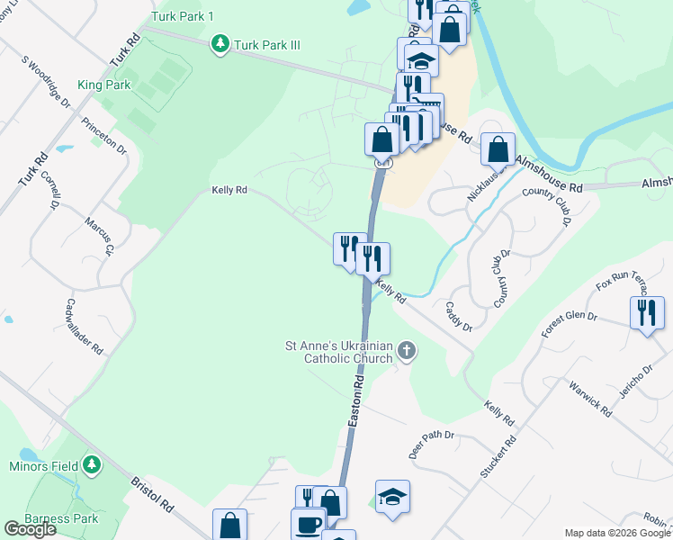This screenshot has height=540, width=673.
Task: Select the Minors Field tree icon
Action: pos(91,464)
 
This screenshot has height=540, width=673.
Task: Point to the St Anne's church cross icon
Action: pos(407,350)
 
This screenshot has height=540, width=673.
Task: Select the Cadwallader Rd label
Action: pos(85,328)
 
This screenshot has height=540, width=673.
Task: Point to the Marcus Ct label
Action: pos(99,237)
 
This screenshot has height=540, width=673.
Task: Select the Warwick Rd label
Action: pos(589,399)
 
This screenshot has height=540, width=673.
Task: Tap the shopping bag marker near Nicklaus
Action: pos(498,148)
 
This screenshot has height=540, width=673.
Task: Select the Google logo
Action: pos(30,529)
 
